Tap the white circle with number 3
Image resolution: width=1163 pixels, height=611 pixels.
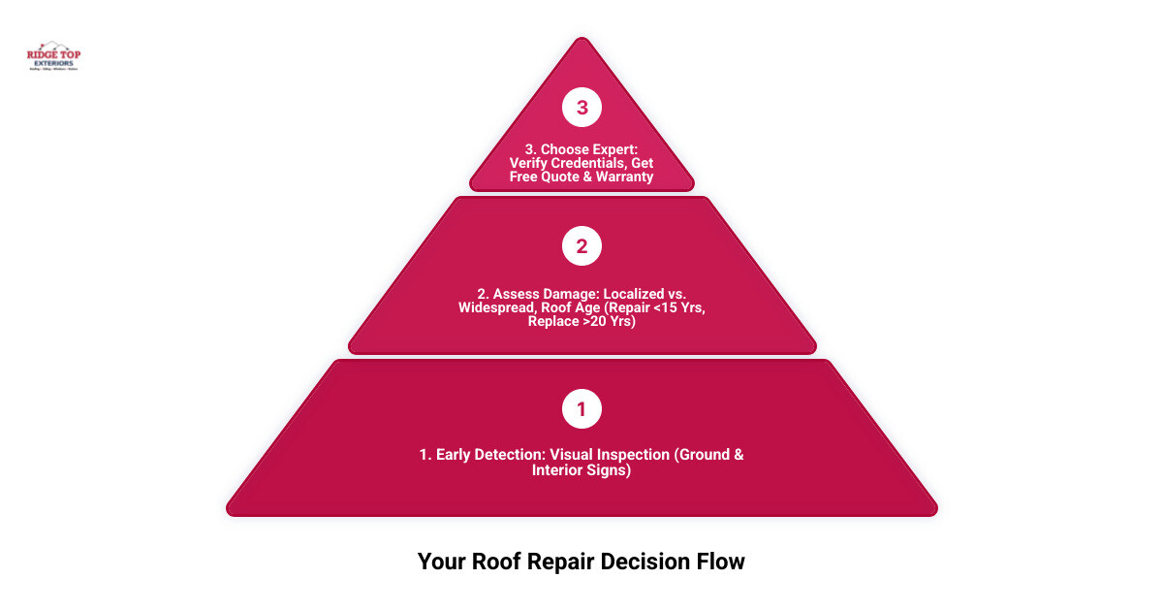coord(581,109)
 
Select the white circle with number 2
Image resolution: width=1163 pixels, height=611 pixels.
coord(581,246)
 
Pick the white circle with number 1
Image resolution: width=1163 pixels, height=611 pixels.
coord(581,409)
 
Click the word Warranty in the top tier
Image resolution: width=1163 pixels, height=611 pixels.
coord(622,177)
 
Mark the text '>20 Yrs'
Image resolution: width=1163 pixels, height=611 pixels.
coord(607,321)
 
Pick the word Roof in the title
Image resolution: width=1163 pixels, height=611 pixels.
coord(485,562)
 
